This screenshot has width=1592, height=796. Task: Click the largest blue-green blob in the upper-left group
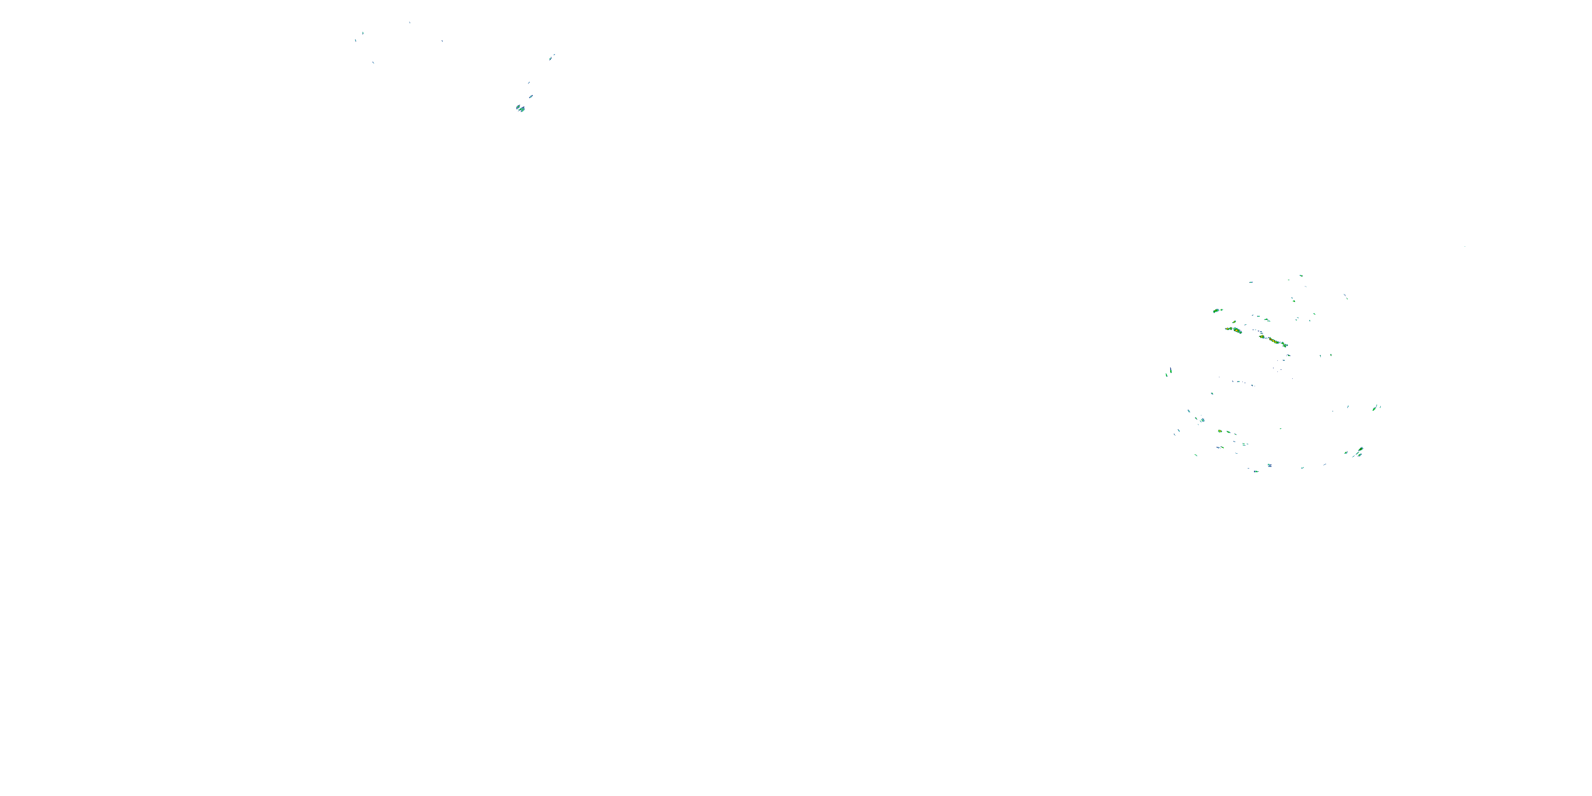click(x=521, y=109)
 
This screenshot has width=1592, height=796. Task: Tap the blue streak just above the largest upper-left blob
click(x=530, y=97)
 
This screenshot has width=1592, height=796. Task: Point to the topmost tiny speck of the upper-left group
click(x=409, y=23)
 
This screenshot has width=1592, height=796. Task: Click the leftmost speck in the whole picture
click(x=356, y=41)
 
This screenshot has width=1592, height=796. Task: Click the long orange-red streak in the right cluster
click(x=1273, y=340)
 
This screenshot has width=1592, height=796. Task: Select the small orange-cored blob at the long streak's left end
click(x=1261, y=337)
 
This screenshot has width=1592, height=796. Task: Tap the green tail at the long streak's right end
click(x=1285, y=344)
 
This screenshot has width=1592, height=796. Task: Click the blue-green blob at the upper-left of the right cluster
click(x=1216, y=310)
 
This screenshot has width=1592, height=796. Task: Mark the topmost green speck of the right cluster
click(x=1301, y=275)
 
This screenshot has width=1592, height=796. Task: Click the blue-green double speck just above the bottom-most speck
click(x=1269, y=465)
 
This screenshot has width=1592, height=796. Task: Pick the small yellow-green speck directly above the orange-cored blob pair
click(x=1234, y=322)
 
